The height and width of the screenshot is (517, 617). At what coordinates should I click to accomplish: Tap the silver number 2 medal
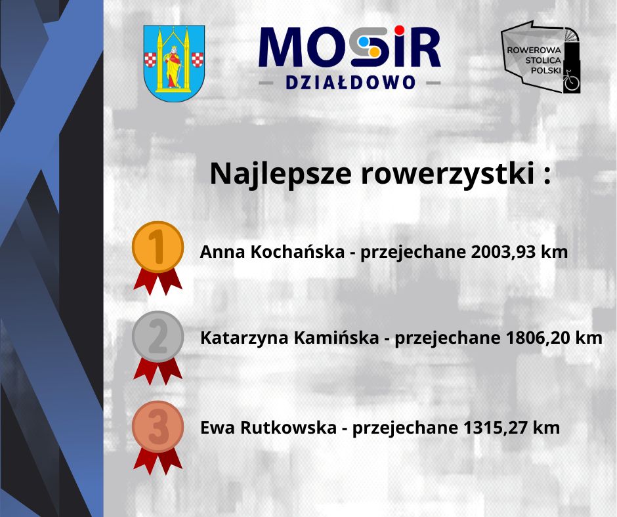click(158, 336)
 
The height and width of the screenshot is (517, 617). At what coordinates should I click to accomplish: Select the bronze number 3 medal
click(158, 426)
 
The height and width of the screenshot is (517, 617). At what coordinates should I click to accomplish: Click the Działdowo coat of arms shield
click(174, 63)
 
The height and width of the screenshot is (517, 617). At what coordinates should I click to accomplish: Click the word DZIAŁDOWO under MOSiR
click(350, 83)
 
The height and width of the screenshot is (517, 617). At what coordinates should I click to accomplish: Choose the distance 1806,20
click(538, 339)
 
